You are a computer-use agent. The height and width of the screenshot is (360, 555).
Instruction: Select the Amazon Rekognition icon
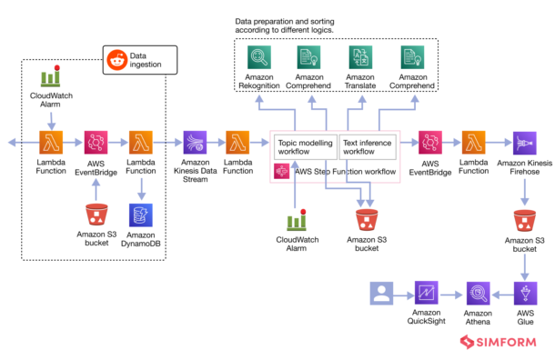(x=259, y=60)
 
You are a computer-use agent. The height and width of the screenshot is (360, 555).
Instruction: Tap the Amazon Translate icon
(x=361, y=60)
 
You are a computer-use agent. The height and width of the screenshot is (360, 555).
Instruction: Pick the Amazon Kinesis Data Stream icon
(x=195, y=143)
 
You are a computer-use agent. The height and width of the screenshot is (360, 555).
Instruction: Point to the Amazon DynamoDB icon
(x=141, y=215)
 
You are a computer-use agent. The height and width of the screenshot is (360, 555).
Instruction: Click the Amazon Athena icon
(x=479, y=293)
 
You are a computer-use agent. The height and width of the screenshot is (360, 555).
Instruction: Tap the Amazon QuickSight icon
(x=428, y=293)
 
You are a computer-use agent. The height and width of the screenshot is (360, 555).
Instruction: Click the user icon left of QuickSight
(x=380, y=293)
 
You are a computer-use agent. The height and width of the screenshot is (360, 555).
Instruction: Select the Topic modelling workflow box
(x=305, y=145)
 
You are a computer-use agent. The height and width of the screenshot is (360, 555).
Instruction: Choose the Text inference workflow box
(x=367, y=145)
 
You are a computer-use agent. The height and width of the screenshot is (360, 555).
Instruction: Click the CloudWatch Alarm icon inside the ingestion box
(x=50, y=80)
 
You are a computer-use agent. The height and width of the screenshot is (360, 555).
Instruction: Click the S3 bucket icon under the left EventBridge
(x=95, y=215)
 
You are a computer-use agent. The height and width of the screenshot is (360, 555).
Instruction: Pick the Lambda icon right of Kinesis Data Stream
(x=237, y=143)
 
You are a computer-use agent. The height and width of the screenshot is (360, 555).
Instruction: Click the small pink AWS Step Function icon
(x=281, y=170)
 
